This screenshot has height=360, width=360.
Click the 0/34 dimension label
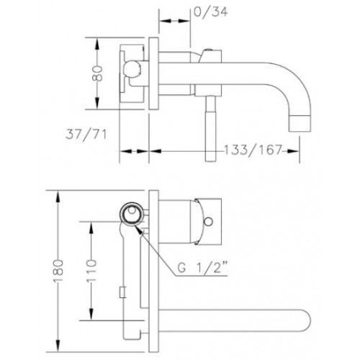(x=210, y=12)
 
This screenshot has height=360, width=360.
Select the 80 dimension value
(x=97, y=73)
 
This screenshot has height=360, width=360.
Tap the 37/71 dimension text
(x=86, y=135)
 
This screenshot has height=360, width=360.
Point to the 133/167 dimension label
(x=253, y=150)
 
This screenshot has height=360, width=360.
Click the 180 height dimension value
(x=58, y=271)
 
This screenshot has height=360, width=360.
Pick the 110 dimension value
(x=91, y=271)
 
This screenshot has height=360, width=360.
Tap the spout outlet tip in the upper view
(x=300, y=123)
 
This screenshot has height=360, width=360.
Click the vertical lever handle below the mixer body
(x=211, y=128)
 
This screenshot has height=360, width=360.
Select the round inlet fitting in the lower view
(x=132, y=212)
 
